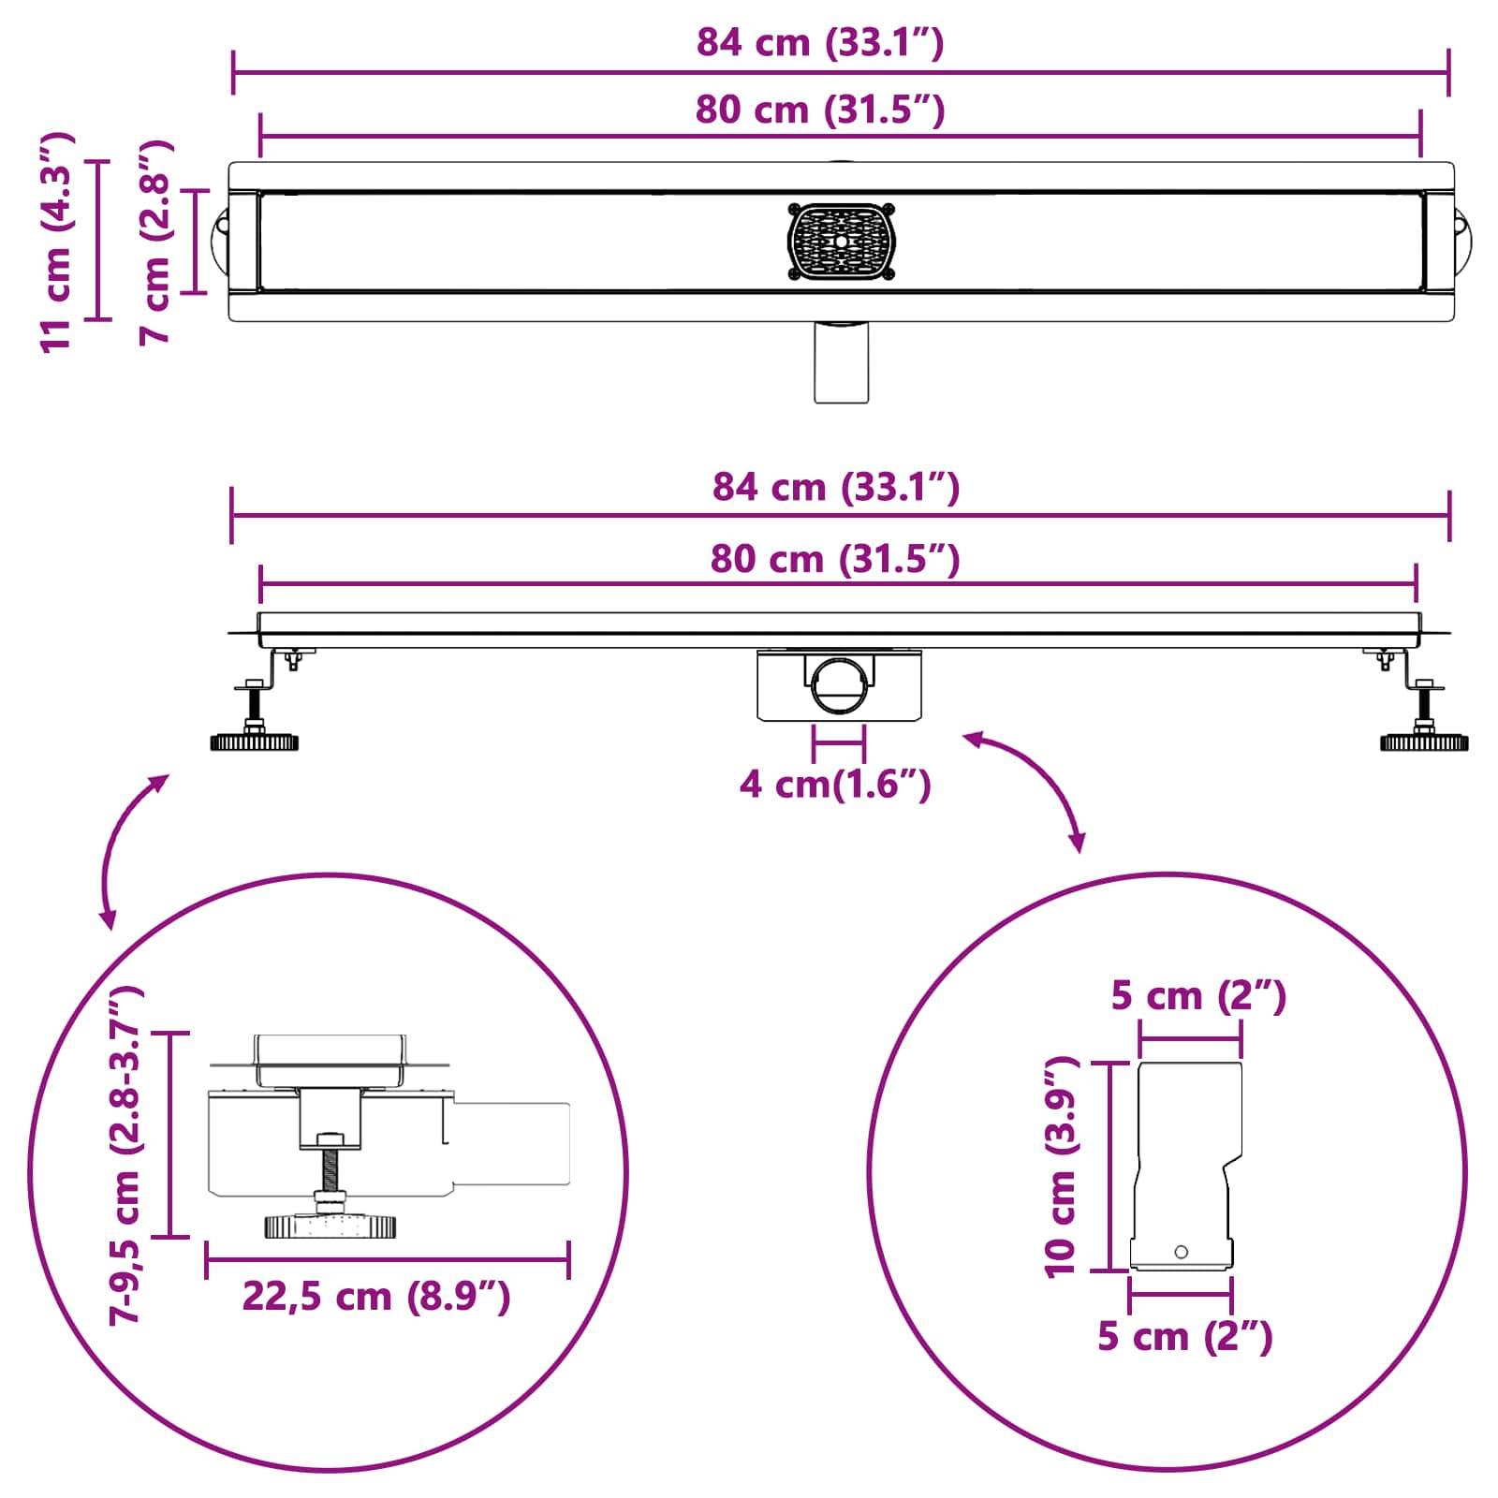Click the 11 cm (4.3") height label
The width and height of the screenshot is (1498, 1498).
pyautogui.click(x=56, y=242)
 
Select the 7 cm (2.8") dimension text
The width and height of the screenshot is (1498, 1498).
pyautogui.click(x=155, y=242)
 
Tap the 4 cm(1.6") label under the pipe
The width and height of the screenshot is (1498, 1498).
pyautogui.click(x=835, y=784)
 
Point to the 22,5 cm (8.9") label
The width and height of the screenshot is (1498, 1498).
pyautogui.click(x=376, y=1297)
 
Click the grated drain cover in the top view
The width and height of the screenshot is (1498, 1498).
pyautogui.click(x=841, y=242)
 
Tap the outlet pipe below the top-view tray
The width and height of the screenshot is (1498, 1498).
pyautogui.click(x=841, y=363)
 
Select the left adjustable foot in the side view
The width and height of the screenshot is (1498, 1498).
pyautogui.click(x=254, y=741)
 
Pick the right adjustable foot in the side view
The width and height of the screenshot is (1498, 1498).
pyautogui.click(x=1424, y=741)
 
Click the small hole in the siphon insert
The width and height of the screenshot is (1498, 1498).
pyautogui.click(x=1181, y=1252)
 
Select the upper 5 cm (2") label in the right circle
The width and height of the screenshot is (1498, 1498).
pyautogui.click(x=1198, y=995)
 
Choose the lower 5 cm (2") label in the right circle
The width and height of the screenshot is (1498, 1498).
pyautogui.click(x=1185, y=1336)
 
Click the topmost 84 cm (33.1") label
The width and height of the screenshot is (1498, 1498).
pyautogui.click(x=819, y=43)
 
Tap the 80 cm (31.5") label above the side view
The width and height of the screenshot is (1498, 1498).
pyautogui.click(x=835, y=559)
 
